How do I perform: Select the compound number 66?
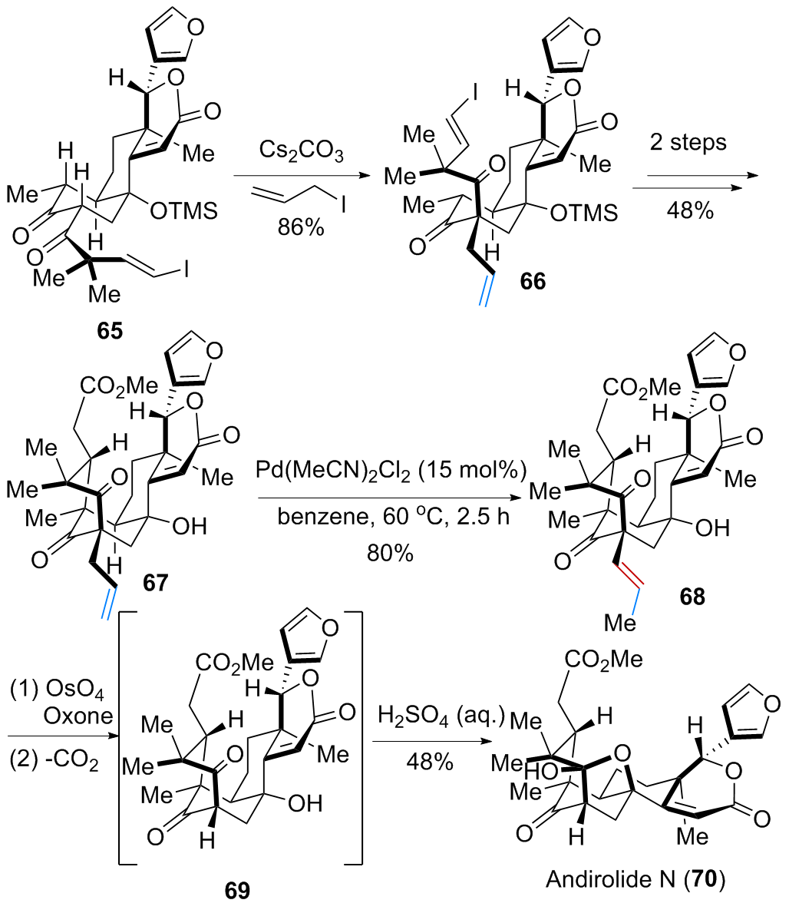tap(533, 281)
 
